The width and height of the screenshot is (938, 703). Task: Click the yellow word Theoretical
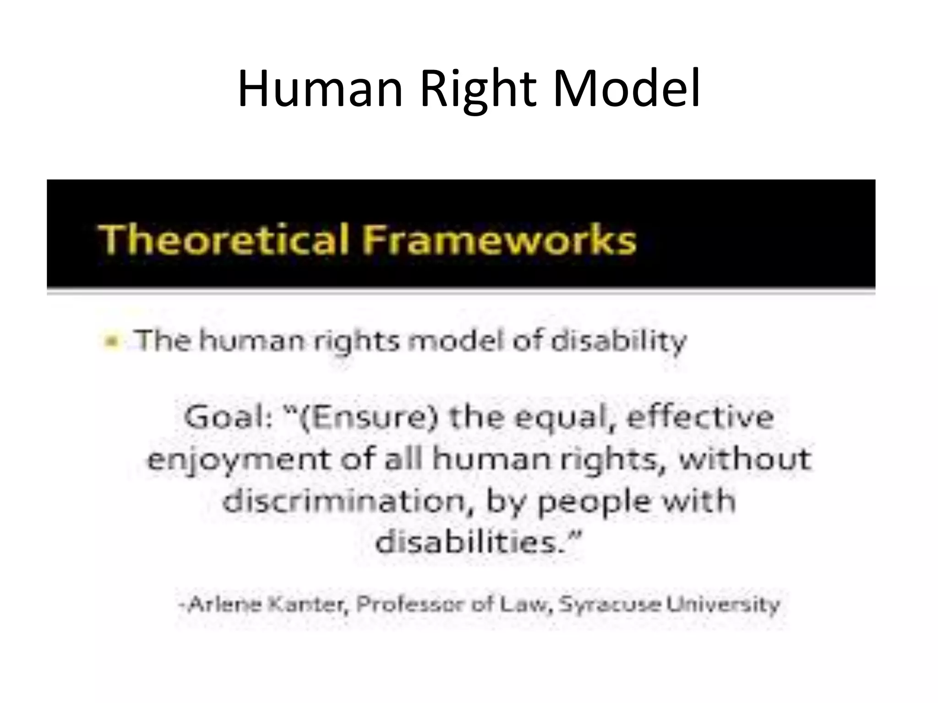coord(224,239)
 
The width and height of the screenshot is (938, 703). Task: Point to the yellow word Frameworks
coord(499,239)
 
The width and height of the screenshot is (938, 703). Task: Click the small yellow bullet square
coord(111,341)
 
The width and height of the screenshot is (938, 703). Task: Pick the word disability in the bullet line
coord(618,341)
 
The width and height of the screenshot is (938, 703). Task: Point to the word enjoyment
coord(239,460)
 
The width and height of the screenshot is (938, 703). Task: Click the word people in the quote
coord(593,502)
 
